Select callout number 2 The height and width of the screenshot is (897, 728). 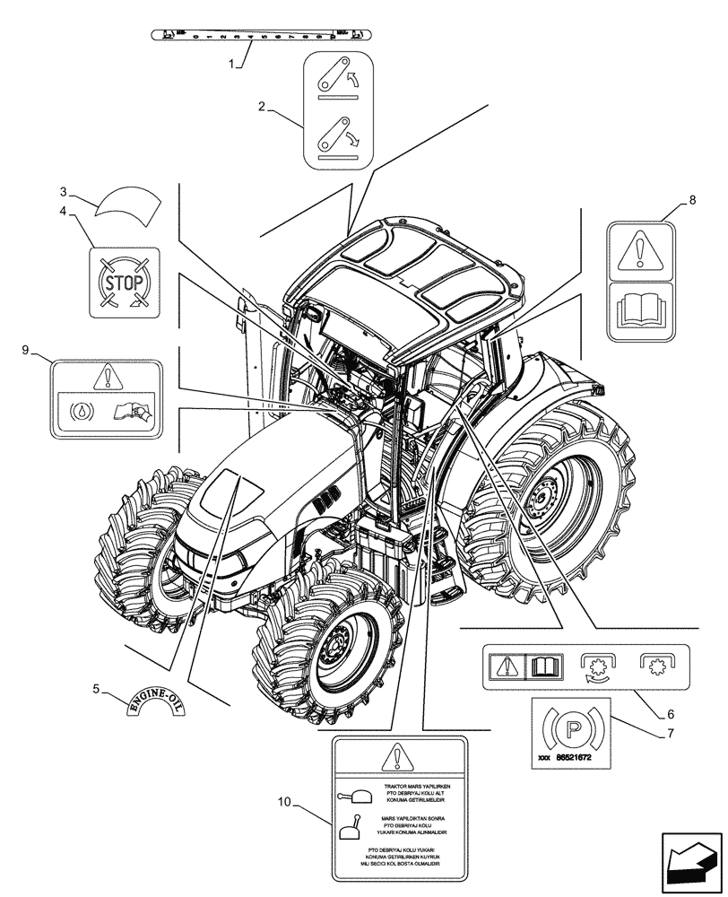[262, 107]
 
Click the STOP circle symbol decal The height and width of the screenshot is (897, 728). [125, 283]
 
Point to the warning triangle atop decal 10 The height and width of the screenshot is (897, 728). [399, 759]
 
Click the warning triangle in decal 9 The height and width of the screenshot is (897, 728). [106, 377]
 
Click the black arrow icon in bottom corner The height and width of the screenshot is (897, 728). [690, 863]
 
